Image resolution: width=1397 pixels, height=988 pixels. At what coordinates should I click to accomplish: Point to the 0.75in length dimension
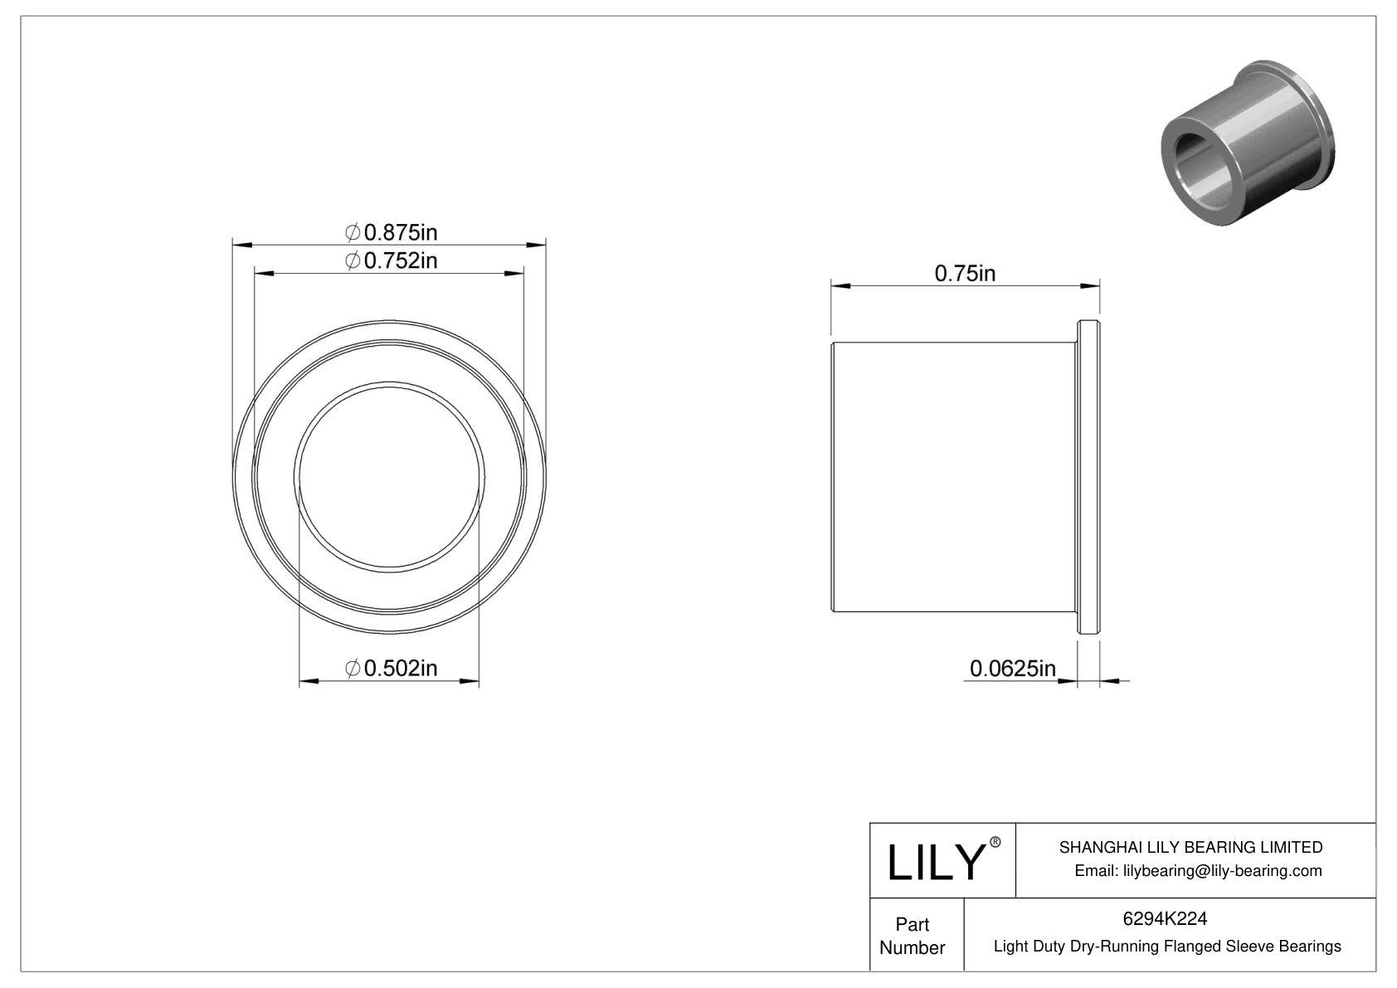pyautogui.click(x=965, y=273)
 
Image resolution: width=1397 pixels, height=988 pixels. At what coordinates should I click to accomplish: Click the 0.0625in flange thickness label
pyautogui.click(x=1012, y=668)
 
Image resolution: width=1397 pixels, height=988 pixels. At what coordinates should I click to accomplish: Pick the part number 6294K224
pyautogui.click(x=1165, y=918)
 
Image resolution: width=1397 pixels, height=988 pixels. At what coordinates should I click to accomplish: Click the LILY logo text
pyautogui.click(x=936, y=863)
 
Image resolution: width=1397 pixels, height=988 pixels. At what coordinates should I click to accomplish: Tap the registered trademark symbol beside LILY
pyautogui.click(x=995, y=842)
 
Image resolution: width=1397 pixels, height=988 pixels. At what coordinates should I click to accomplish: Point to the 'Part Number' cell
pyautogui.click(x=912, y=935)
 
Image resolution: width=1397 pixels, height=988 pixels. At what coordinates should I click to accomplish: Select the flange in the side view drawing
pyautogui.click(x=1088, y=478)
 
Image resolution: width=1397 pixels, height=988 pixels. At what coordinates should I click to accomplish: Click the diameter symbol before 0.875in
pyautogui.click(x=352, y=231)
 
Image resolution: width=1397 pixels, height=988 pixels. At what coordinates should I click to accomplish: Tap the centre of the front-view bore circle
pyautogui.click(x=389, y=476)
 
